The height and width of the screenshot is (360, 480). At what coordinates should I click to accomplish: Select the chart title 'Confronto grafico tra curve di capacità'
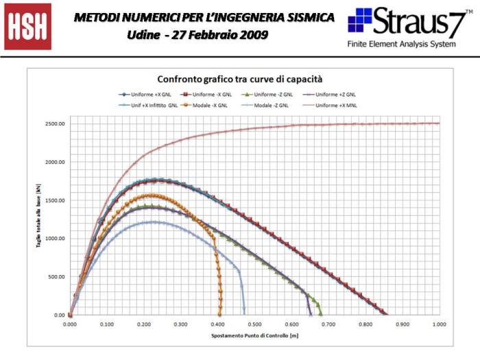pos(240,79)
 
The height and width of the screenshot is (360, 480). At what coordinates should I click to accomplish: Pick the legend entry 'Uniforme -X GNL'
pos(213,94)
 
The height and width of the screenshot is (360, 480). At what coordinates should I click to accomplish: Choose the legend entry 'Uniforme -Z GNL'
pos(274,94)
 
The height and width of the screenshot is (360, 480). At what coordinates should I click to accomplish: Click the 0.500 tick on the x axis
pos(254,323)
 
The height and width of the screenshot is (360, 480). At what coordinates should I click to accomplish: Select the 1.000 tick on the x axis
pos(439,323)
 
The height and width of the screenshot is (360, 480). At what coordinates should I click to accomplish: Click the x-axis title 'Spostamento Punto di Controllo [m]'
pos(254,336)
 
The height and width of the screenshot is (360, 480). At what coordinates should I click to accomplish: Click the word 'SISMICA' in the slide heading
pos(305,16)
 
